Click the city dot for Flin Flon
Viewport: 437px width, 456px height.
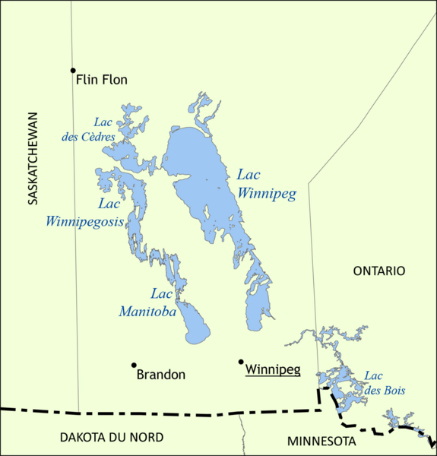pyautogui.click(x=74, y=71)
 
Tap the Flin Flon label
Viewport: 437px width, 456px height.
pyautogui.click(x=102, y=79)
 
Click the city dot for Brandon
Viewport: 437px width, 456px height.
pyautogui.click(x=134, y=366)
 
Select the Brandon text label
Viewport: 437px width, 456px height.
pyautogui.click(x=160, y=374)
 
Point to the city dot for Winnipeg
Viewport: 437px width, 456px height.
pyautogui.click(x=241, y=362)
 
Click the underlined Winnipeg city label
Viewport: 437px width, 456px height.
pyautogui.click(x=273, y=370)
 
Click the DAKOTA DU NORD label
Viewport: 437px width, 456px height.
pyautogui.click(x=111, y=436)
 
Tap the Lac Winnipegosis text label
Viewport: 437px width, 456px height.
pyautogui.click(x=84, y=213)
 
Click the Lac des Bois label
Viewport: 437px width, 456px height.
pyautogui.click(x=384, y=383)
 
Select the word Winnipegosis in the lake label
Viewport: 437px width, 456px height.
pyautogui.click(x=84, y=222)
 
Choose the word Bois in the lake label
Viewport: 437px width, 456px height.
pyautogui.click(x=392, y=391)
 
